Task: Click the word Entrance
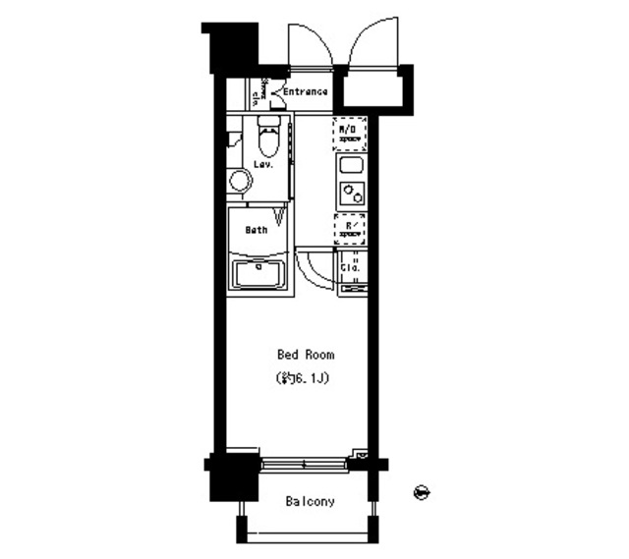tap(306, 92)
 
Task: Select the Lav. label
tap(262, 164)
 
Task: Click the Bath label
tap(256, 230)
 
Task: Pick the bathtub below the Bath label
tap(257, 272)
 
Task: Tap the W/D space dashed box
tap(350, 131)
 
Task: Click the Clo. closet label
tap(351, 266)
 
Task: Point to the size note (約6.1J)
tap(303, 378)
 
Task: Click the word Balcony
tap(310, 502)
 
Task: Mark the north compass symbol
tap(423, 491)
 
